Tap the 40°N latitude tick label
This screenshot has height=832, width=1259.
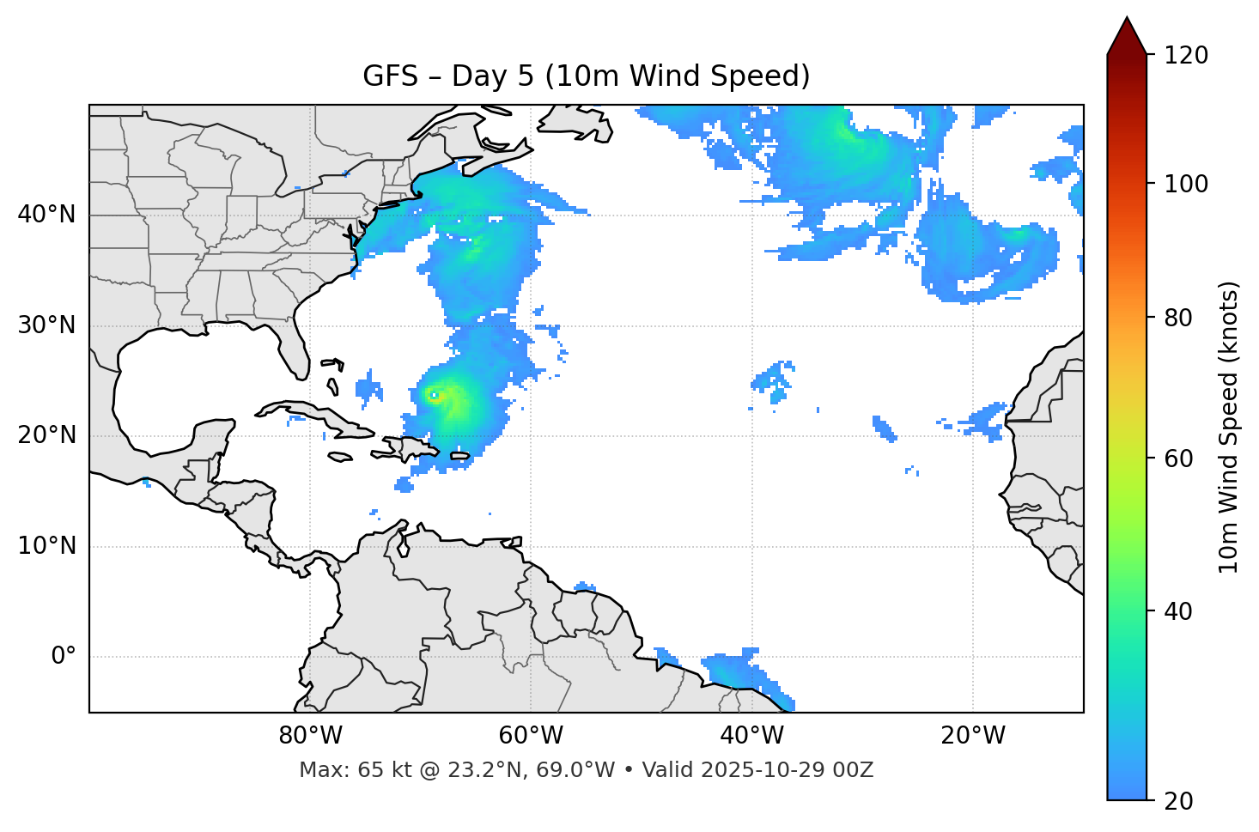pos(46,215)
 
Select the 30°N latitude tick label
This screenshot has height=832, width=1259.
pos(46,325)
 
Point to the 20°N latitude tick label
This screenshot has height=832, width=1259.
pos(46,435)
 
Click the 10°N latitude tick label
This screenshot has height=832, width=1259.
pos(46,546)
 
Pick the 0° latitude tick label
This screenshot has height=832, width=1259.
pos(63,657)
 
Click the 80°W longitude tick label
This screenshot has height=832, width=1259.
pos(310,736)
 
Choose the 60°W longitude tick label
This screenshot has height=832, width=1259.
pos(531,736)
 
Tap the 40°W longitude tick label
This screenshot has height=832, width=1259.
pos(751,736)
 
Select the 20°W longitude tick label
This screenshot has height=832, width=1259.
pos(972,736)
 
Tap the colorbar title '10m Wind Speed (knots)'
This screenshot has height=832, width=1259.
pos(1229,428)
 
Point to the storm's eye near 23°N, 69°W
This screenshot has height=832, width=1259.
pos(435,396)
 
